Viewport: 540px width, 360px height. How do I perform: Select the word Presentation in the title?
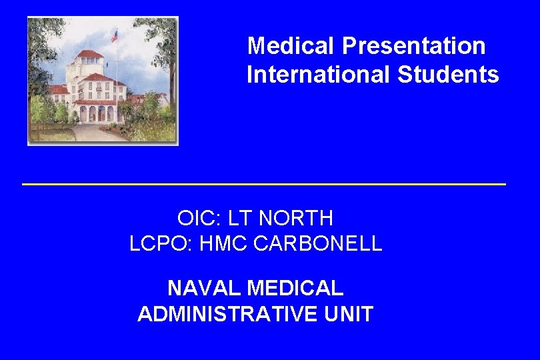coord(414,46)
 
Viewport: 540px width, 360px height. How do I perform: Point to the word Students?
coord(448,75)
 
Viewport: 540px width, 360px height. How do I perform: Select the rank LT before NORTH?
coord(239,217)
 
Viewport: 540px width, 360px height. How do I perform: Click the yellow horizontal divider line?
coord(264,183)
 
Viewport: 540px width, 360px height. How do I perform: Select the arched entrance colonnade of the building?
coord(97,113)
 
